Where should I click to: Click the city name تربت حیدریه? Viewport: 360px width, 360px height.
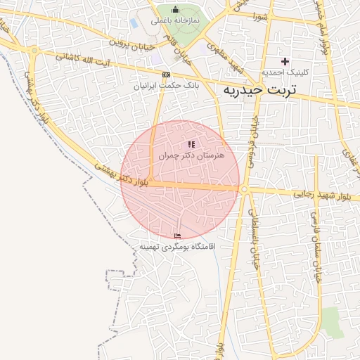coord(259,90)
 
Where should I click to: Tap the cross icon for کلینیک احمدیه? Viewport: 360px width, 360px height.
coord(285,61)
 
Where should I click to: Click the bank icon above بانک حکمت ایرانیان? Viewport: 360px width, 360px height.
coord(166,75)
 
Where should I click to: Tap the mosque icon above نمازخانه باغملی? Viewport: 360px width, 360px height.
coord(175,10)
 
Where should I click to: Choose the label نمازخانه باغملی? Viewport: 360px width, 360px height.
coord(176,20)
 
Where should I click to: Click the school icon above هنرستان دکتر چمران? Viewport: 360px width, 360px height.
coord(191,144)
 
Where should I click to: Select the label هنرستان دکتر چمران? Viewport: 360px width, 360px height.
coord(191,155)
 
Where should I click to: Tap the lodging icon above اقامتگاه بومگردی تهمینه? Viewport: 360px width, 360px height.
coord(177,236)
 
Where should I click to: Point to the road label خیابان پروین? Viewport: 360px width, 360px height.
coord(134,41)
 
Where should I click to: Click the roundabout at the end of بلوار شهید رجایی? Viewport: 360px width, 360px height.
coord(244,189)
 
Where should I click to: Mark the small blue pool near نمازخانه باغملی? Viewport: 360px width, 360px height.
coord(134,23)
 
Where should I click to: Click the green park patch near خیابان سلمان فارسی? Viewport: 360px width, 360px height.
coord(330,323)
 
